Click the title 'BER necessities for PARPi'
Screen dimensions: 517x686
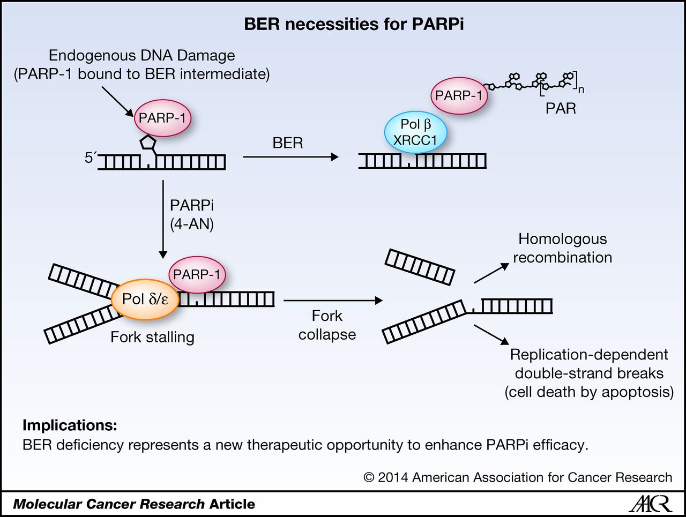(x=354, y=24)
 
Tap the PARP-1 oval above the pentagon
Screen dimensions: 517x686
(x=162, y=118)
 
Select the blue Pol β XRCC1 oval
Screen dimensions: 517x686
(x=415, y=132)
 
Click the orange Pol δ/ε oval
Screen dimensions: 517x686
(x=145, y=299)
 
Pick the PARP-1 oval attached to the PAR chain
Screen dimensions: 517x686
(x=459, y=96)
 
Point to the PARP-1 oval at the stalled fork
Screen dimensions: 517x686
(x=197, y=275)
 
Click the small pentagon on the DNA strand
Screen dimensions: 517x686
(x=147, y=143)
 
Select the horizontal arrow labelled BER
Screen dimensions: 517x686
(x=290, y=157)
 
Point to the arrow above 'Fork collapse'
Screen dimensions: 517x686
(x=333, y=301)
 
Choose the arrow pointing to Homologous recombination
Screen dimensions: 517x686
(x=491, y=273)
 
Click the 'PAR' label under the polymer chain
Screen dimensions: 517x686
(x=561, y=109)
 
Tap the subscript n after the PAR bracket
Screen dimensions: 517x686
(x=581, y=90)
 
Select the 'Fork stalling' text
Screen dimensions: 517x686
(x=152, y=337)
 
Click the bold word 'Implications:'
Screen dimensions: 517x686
(x=70, y=425)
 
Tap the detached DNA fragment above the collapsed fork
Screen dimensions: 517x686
(x=420, y=266)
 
